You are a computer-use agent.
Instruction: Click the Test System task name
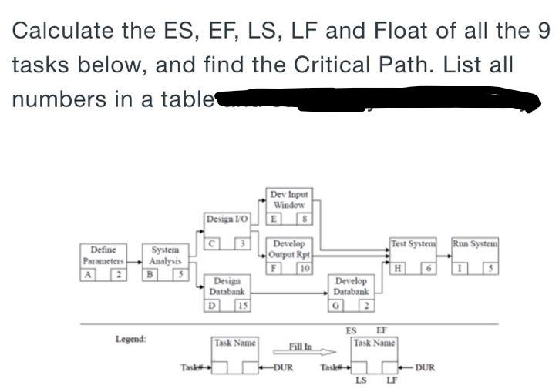click(413, 244)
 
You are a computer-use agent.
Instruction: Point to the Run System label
click(475, 244)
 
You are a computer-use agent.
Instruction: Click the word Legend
click(131, 339)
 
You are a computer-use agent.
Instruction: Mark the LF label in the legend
click(392, 380)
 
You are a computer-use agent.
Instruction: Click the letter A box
click(89, 274)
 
